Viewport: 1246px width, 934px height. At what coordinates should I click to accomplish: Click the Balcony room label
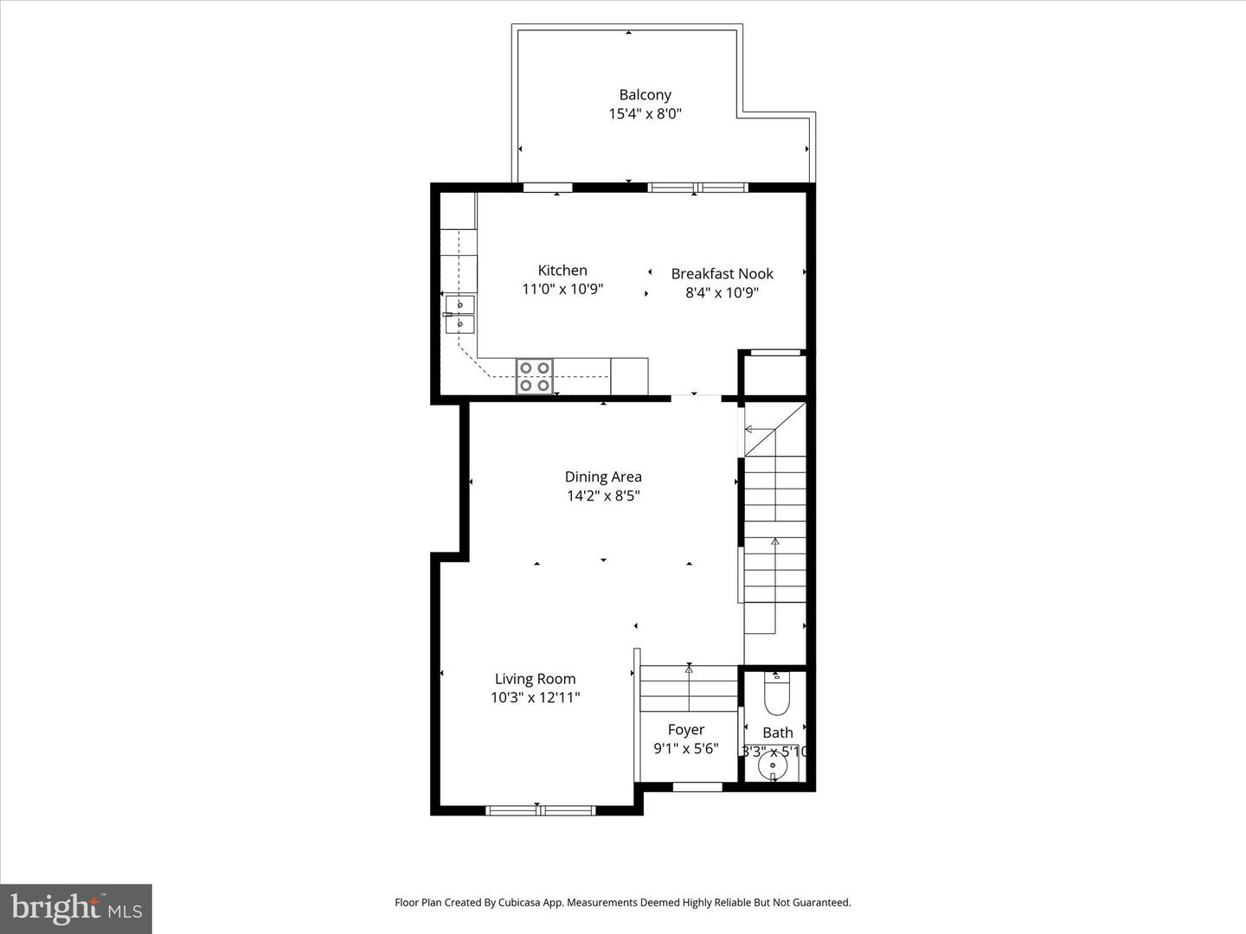point(645,95)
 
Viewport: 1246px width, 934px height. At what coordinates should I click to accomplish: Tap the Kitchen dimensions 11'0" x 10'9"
point(562,290)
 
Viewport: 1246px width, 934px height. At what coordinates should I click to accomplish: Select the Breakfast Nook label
point(722,273)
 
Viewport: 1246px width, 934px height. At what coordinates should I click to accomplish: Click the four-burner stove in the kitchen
point(535,376)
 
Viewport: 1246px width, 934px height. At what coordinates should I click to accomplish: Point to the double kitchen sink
point(459,314)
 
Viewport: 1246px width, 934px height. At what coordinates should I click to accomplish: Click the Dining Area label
point(603,477)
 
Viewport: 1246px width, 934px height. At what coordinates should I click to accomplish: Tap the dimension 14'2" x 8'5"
point(603,496)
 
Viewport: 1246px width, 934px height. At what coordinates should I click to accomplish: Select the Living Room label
point(535,679)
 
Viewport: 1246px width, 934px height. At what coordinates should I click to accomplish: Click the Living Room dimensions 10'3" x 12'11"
point(535,698)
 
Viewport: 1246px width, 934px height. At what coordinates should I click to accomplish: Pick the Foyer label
point(685,730)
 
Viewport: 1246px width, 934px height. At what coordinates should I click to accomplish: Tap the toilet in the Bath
point(776,691)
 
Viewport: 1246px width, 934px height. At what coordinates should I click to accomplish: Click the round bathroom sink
point(773,766)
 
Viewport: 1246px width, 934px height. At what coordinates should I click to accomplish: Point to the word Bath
point(777,732)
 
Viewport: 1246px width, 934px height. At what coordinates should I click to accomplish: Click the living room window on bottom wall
point(540,810)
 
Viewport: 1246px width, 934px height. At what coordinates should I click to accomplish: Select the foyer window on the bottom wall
point(697,786)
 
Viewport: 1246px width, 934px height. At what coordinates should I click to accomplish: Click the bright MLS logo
point(76,908)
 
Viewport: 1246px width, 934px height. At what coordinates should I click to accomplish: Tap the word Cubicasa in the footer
point(525,902)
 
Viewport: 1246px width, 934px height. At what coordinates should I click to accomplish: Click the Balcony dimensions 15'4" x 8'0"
point(645,114)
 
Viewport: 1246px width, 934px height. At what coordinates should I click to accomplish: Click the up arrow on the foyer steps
point(689,669)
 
